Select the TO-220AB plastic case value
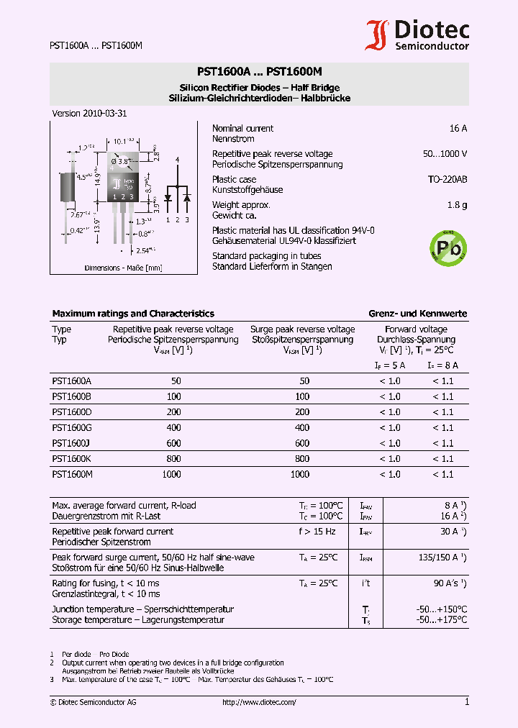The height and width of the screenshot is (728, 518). coord(447,179)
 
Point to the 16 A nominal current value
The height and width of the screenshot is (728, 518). coord(458,128)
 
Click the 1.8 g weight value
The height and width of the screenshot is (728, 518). coord(456,205)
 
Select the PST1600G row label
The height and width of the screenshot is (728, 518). coord(72,428)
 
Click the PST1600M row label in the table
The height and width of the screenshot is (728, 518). coord(72,474)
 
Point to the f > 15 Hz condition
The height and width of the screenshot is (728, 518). coord(317,532)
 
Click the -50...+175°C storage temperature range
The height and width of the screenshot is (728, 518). coord(441,619)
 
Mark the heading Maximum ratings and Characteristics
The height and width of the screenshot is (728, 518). coord(133,314)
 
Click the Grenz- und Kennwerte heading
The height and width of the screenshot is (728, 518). coord(417,314)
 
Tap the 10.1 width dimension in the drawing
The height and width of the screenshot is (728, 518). coord(124,142)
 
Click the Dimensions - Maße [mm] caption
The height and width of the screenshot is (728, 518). coord(123,268)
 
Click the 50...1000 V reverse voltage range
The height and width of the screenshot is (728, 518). coord(445,154)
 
